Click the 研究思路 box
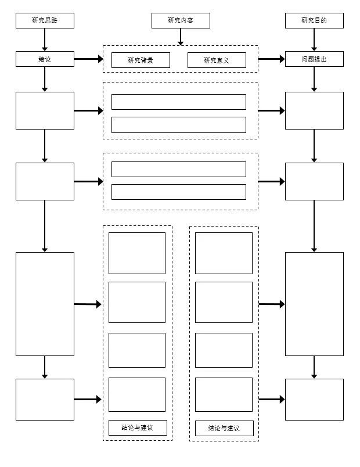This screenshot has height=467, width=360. [45, 21]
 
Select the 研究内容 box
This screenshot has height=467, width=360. [181, 21]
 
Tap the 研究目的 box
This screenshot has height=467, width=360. [314, 21]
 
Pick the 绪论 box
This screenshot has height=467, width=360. [45, 59]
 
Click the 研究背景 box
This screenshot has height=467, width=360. [141, 60]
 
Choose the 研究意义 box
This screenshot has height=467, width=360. [217, 60]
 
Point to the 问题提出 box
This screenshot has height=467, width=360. [314, 59]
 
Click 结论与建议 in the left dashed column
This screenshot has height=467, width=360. [138, 428]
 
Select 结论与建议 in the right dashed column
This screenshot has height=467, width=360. [224, 429]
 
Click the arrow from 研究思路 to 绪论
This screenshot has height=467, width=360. [45, 39]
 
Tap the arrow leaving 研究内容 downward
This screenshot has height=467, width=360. [181, 37]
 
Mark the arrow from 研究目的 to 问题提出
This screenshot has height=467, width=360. [314, 39]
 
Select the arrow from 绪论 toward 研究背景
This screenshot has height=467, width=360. [88, 59]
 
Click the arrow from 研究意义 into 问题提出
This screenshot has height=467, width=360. [271, 59]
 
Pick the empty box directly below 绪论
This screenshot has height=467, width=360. [45, 110]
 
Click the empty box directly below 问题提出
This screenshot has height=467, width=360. [314, 110]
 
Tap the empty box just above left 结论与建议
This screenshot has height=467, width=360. [137, 394]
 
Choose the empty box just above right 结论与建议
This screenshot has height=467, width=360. [224, 394]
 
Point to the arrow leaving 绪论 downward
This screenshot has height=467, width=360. [45, 79]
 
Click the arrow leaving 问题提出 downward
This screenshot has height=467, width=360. [314, 79]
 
